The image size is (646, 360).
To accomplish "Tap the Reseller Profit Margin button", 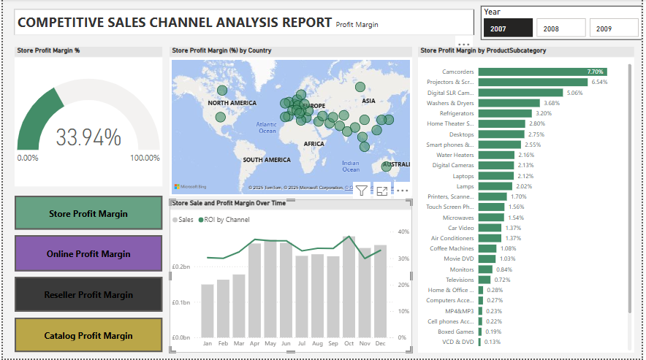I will [x=88, y=295].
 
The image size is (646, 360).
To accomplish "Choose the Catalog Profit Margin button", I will [x=88, y=336].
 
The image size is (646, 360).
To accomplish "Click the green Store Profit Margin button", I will [x=88, y=214].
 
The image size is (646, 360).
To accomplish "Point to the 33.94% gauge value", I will [x=88, y=137].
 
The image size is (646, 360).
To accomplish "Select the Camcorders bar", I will [x=541, y=72].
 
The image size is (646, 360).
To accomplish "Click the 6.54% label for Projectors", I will [x=599, y=83].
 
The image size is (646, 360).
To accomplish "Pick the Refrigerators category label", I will [x=456, y=114].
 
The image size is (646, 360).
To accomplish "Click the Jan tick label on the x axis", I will [x=207, y=343].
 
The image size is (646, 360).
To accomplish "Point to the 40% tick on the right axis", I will [x=402, y=232].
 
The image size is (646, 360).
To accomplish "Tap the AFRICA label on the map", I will [x=313, y=144].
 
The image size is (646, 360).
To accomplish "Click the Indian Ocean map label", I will [x=350, y=166].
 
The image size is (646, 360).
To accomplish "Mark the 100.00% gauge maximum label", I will [x=145, y=158].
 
